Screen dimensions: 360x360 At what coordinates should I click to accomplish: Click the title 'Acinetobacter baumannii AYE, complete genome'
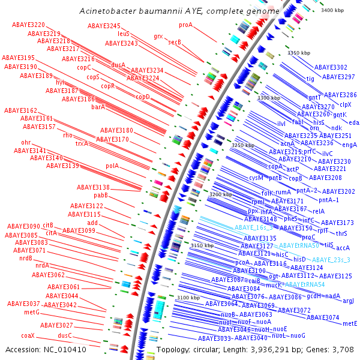click(x=179, y=11)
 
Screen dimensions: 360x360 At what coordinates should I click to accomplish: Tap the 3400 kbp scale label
click(x=333, y=11)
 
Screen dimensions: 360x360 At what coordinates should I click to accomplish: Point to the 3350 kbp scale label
click(x=299, y=53)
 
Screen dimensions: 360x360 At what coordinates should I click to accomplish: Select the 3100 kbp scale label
click(x=188, y=298)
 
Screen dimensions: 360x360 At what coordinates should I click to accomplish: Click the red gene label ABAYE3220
click(x=28, y=25)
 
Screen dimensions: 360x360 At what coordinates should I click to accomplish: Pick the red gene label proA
click(x=186, y=25)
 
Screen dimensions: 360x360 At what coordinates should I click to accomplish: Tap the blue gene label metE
click(x=350, y=323)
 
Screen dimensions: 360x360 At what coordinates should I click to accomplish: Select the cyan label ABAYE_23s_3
click(x=331, y=260)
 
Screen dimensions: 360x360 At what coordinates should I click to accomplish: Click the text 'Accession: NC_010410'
click(x=46, y=349)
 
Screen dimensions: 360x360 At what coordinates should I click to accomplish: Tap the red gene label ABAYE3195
click(x=19, y=58)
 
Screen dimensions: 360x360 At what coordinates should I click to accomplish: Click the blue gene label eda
click(x=353, y=122)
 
